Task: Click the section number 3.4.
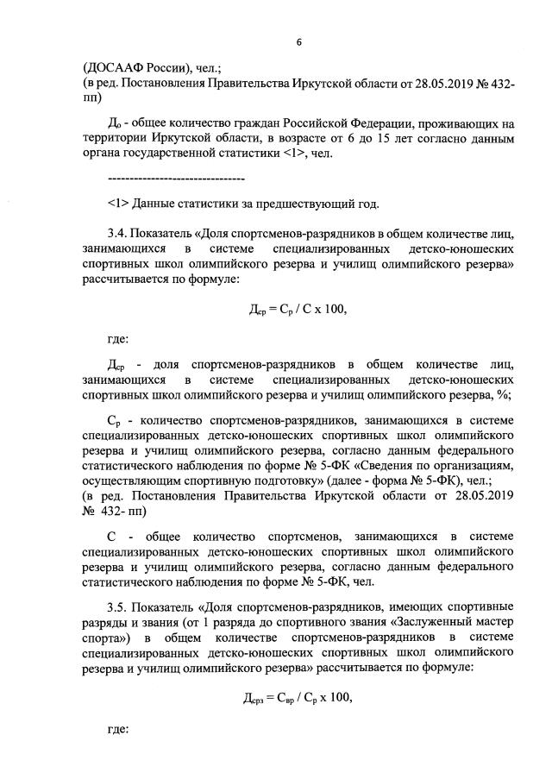[119, 233]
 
